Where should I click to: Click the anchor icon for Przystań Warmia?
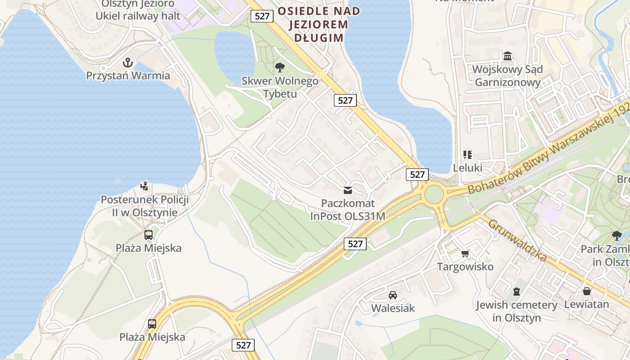[x=128, y=62]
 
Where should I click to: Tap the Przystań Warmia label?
[x=128, y=76]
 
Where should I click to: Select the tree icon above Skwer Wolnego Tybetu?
[x=280, y=67]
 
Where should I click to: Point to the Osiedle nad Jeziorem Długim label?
[x=319, y=24]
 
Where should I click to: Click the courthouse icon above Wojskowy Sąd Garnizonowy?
[x=508, y=56]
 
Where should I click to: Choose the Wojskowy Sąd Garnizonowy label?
[x=508, y=76]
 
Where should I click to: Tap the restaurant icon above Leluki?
[x=468, y=155]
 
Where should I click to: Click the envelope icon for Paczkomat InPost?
[x=348, y=190]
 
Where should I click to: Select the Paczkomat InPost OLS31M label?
[x=348, y=210]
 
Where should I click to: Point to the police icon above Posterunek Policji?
[x=144, y=185]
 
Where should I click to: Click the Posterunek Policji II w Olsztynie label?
[x=144, y=206]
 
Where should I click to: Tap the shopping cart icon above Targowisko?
[x=465, y=253]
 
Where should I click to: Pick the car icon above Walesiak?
[x=393, y=295]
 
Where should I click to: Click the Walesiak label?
[x=393, y=308]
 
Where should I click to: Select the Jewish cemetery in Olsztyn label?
[x=517, y=311]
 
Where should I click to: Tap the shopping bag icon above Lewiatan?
[x=586, y=291]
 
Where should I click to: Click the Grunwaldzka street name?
[x=517, y=240]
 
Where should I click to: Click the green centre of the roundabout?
[x=434, y=194]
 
